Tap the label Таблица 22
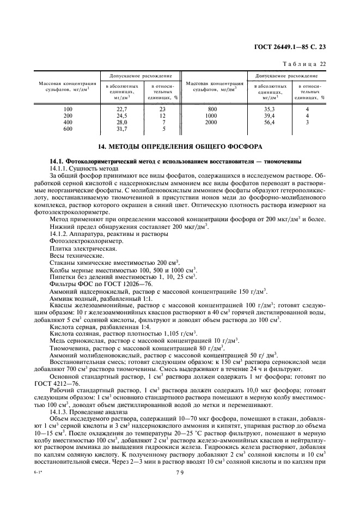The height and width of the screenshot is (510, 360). coord(308,64)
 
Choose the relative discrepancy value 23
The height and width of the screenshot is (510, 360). coord(162,109)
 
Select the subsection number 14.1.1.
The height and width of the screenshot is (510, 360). coord(59,169)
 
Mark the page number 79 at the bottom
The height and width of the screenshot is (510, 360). coord(179,490)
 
